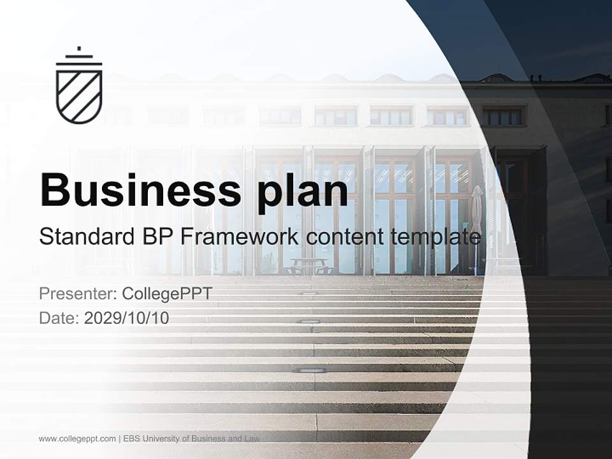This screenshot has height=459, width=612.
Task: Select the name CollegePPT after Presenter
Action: coord(166,294)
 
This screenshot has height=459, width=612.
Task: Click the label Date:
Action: coord(59,318)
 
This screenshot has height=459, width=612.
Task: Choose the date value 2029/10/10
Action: coord(126,318)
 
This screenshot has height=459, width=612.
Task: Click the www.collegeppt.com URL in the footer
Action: coord(77,439)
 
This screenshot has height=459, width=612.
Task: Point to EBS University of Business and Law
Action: coord(192,439)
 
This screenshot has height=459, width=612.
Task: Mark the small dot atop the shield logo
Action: coord(79,48)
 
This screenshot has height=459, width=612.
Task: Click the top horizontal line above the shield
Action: coord(79,56)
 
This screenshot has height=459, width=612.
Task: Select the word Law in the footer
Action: coord(252,439)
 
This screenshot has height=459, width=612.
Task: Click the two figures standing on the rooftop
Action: coord(534,78)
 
